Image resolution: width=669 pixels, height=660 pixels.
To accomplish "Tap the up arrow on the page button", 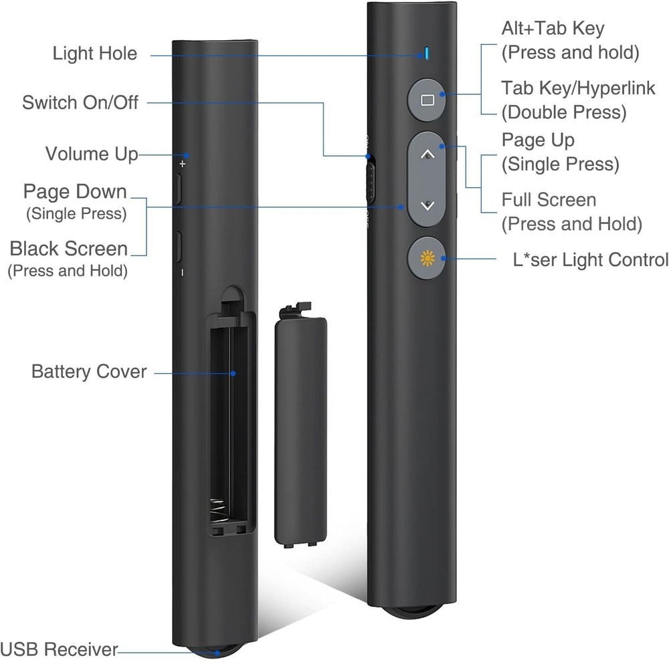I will (x=429, y=154).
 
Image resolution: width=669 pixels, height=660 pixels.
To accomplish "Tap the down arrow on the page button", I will (x=429, y=205).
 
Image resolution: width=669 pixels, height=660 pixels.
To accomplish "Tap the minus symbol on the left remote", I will (x=182, y=272).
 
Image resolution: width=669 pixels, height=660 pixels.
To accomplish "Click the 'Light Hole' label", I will (x=95, y=53).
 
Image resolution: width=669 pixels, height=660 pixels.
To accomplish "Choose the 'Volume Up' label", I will (x=92, y=154).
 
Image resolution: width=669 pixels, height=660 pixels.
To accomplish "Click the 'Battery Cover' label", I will (x=89, y=371).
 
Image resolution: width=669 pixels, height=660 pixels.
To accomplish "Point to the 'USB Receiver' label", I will (x=59, y=649).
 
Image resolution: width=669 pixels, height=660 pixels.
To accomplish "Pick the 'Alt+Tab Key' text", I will (x=553, y=29).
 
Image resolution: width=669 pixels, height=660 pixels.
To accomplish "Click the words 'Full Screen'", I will (x=549, y=200).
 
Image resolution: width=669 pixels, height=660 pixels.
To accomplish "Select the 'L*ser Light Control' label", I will (x=585, y=259).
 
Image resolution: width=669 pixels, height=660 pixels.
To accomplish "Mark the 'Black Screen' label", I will (x=69, y=249).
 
